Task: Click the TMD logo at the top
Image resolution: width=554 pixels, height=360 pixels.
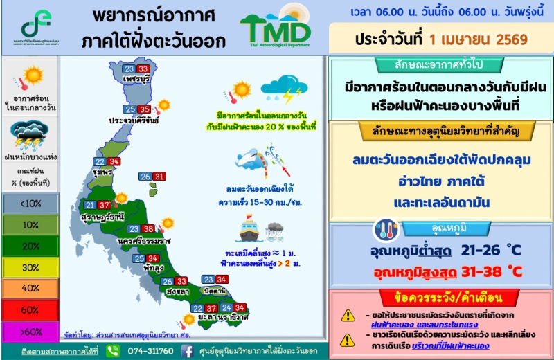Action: (x=275, y=28)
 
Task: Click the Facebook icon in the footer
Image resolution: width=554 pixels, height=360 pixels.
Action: (x=187, y=351)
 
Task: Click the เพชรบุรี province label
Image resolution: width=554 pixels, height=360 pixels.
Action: (x=136, y=80)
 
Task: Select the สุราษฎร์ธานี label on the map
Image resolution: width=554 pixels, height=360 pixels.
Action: (x=102, y=217)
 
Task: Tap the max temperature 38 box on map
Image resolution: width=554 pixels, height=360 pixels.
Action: (x=148, y=229)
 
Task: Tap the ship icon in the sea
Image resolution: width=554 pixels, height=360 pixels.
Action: (x=247, y=231)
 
